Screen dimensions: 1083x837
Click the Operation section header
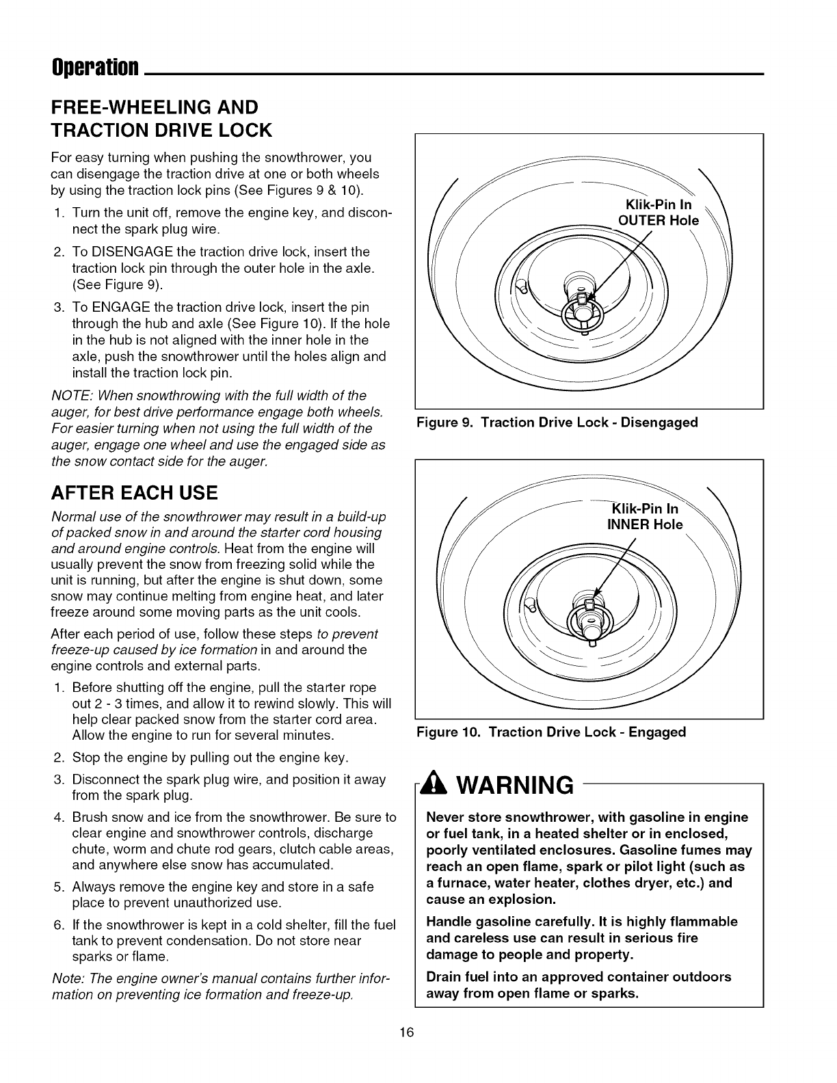[96, 68]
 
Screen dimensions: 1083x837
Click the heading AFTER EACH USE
[135, 492]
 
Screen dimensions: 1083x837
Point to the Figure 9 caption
[557, 423]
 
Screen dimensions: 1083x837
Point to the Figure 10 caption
[551, 732]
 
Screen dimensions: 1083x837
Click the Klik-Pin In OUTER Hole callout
[659, 213]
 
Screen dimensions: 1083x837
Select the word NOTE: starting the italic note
[72, 396]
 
